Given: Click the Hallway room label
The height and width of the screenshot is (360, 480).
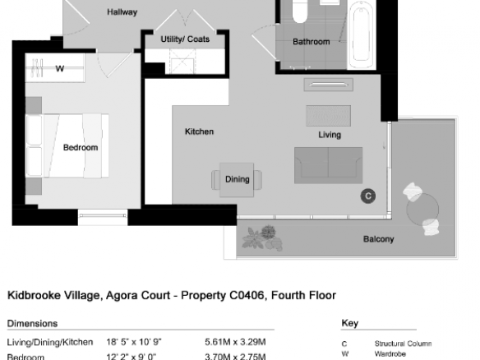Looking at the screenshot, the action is (122, 12).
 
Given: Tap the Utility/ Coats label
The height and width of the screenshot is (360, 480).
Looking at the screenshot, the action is (185, 39).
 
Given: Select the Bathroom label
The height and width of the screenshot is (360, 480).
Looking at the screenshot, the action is (312, 42).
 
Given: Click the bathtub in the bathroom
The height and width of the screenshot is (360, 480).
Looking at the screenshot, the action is (362, 35).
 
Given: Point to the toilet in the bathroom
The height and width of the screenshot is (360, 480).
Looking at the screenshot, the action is (300, 11).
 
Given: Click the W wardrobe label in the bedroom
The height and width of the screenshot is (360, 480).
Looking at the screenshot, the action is (60, 68).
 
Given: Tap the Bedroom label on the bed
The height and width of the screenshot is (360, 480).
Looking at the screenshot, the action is (81, 148).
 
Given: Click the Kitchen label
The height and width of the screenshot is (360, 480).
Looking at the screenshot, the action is (199, 132).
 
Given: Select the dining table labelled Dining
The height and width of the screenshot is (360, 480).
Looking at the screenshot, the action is (237, 180).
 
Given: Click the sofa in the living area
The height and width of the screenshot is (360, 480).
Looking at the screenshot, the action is (329, 165).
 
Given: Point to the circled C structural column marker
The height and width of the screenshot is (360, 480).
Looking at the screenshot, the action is (368, 196).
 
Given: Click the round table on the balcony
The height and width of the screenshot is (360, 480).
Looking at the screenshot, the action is (422, 210).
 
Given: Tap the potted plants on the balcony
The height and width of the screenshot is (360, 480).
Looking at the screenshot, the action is (263, 238).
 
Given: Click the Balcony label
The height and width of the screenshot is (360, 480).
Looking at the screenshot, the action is (378, 239).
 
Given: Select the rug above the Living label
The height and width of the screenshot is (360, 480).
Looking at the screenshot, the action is (329, 116).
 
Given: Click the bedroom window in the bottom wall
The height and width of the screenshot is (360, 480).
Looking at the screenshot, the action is (103, 216).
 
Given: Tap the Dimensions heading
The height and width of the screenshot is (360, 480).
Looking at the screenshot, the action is (32, 324).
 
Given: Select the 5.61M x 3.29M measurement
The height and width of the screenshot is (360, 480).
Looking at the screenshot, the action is (235, 342).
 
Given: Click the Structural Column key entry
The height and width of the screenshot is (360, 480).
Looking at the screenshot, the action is (404, 344).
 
